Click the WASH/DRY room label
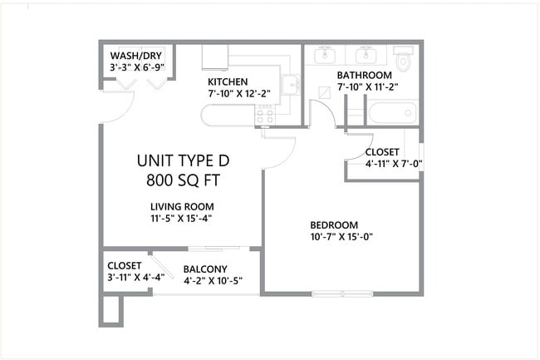pyautogui.click(x=136, y=56)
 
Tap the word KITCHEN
pyautogui.click(x=228, y=81)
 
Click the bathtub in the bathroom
pyautogui.click(x=391, y=112)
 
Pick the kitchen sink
pyautogui.click(x=290, y=86)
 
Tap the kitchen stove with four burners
pyautogui.click(x=265, y=116)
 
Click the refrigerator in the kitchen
pyautogui.click(x=214, y=57)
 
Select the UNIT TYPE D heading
pyautogui.click(x=183, y=160)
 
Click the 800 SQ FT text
pyautogui.click(x=183, y=179)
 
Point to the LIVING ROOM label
pyautogui.click(x=182, y=206)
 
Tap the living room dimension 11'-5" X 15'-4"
pyautogui.click(x=182, y=219)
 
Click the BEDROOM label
pyautogui.click(x=334, y=224)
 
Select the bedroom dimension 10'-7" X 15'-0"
pyautogui.click(x=341, y=236)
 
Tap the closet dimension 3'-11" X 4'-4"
pyautogui.click(x=135, y=278)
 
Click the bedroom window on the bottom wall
pyautogui.click(x=341, y=293)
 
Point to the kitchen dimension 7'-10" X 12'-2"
pyautogui.click(x=239, y=93)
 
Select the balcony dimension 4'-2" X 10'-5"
pyautogui.click(x=213, y=280)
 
